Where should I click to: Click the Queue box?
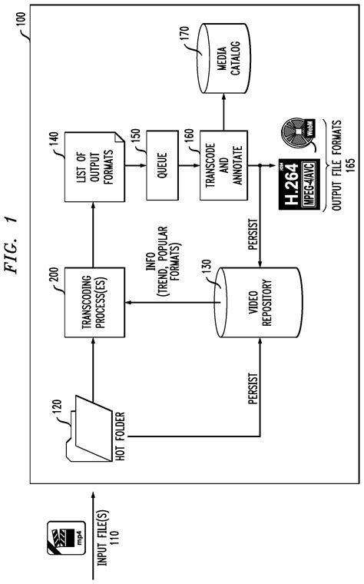(162, 165)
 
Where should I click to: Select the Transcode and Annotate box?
(223, 165)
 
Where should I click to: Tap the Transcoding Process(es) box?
(94, 303)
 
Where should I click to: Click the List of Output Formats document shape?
(94, 167)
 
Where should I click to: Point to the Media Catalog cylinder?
(223, 58)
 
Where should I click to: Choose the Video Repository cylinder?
(260, 303)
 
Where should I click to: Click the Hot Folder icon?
(89, 429)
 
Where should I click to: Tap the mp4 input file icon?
(66, 538)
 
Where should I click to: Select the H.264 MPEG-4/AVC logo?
(299, 184)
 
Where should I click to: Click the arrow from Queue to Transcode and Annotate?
(189, 165)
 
